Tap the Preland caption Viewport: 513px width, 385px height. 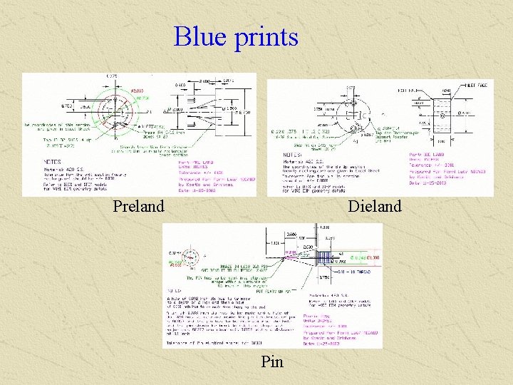(138, 207)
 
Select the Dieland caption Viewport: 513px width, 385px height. (374, 207)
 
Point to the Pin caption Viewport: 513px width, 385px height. (272, 362)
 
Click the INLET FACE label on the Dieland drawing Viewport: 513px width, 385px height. (473, 85)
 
